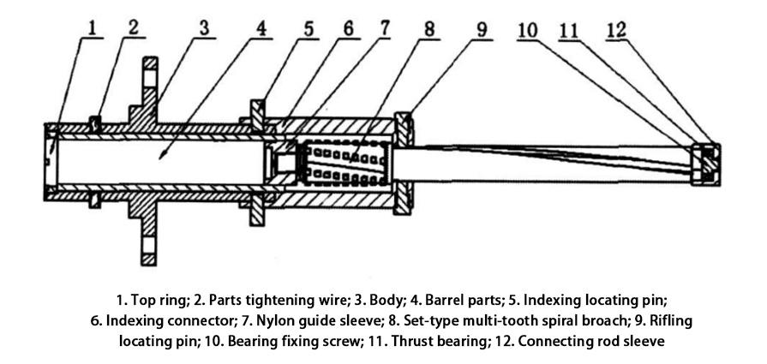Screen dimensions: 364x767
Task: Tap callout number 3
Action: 203,27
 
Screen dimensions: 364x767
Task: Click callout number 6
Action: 348,28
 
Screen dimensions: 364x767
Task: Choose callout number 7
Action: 383,27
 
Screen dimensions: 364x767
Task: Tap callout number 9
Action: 482,28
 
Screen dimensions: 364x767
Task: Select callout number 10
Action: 528,28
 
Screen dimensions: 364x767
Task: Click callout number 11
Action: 571,28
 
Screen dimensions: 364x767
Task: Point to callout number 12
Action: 614,28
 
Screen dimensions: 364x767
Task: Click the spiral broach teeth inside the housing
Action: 343,162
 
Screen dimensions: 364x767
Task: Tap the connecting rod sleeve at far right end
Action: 706,163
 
